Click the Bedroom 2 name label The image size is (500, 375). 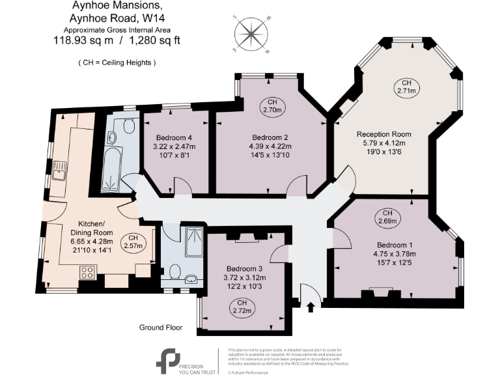(270, 137)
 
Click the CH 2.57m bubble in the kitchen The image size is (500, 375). (133, 241)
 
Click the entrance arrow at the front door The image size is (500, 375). (309, 304)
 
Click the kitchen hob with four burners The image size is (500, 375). (88, 272)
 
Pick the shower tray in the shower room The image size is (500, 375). (193, 240)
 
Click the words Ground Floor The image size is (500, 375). (161, 327)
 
